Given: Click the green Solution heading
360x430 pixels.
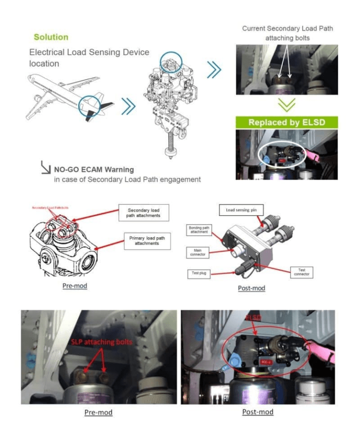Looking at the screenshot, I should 51,37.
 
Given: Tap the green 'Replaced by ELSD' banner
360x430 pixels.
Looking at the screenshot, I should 286,122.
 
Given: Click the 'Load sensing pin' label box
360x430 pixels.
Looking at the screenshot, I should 241,210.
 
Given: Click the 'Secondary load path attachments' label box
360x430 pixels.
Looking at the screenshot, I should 143,213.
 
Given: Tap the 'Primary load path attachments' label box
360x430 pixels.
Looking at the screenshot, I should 146,241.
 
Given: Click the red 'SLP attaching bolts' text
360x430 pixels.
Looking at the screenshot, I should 101,342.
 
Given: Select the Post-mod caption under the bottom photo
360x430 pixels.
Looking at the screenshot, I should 257,412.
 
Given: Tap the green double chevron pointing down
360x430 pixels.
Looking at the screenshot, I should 286,104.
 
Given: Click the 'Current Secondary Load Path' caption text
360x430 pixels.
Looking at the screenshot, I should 287,29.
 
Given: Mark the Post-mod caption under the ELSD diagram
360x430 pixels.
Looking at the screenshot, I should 251,287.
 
